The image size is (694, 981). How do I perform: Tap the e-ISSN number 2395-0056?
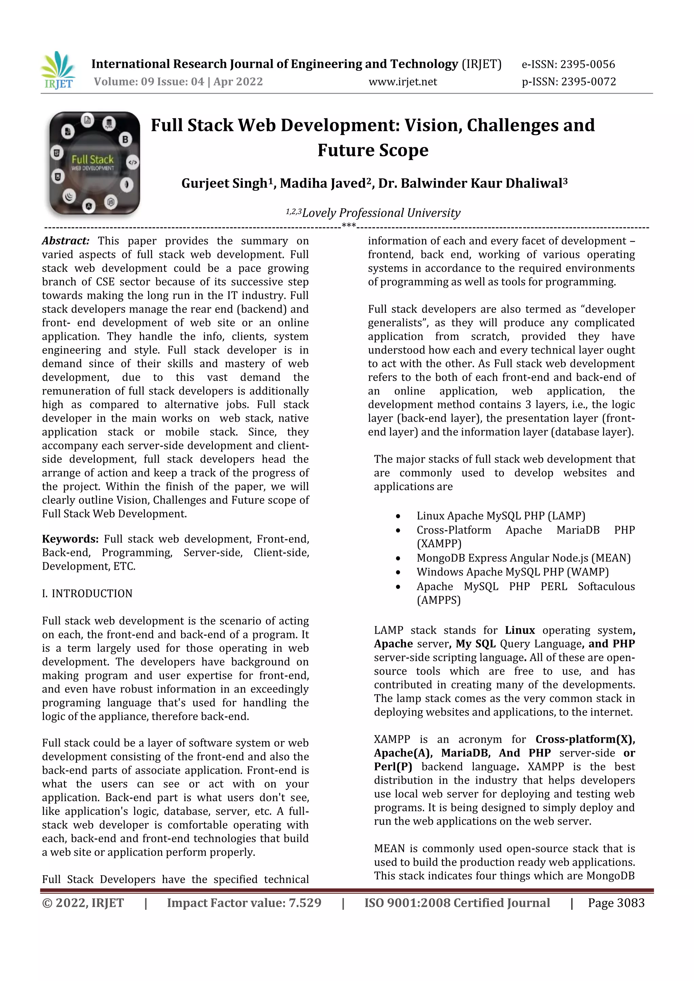(x=588, y=64)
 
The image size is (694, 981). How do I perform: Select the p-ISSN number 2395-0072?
(x=589, y=82)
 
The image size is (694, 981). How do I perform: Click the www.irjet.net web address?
(x=403, y=82)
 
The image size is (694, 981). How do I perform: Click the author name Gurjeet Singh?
(x=224, y=183)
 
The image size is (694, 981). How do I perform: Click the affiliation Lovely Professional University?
(x=381, y=213)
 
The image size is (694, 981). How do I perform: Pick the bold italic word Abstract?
(x=65, y=241)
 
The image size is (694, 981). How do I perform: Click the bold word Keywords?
(x=70, y=539)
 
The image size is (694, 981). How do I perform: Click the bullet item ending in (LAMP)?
(x=501, y=516)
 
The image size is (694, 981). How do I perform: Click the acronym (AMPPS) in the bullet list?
(x=438, y=600)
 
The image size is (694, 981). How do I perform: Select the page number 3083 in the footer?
(x=630, y=903)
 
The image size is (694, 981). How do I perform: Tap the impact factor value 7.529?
(x=305, y=903)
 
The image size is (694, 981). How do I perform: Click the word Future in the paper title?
(x=344, y=151)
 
